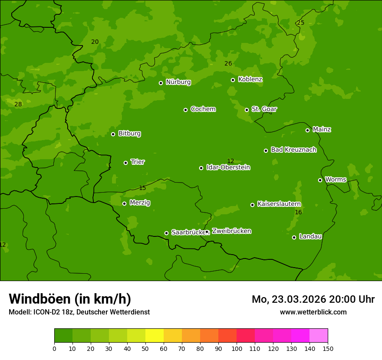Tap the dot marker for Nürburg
161,83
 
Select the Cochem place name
203,109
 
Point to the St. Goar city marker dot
247,110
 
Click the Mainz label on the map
322,130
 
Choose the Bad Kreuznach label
293,150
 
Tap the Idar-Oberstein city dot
201,168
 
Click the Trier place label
138,162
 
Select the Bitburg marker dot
113,134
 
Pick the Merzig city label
140,203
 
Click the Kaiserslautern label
279,204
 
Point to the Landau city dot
294,237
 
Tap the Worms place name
336,180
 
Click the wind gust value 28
18,105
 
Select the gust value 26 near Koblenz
228,64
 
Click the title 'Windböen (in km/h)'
70,299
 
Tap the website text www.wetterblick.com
313,312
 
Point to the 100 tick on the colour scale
237,348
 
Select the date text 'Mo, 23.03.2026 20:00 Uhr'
313,299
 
